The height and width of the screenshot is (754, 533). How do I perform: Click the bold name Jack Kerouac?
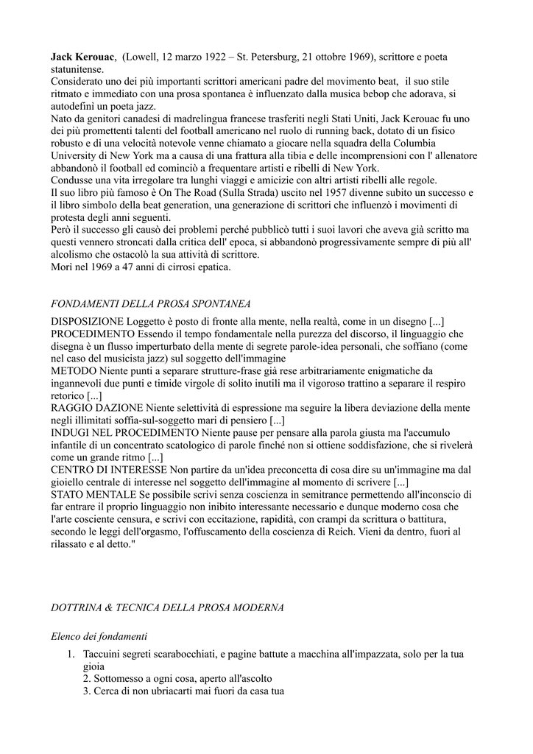click(x=82, y=57)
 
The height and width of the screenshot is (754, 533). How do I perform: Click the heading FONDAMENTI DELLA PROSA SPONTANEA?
click(x=151, y=303)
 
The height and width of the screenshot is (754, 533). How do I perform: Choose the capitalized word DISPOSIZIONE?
click(x=88, y=322)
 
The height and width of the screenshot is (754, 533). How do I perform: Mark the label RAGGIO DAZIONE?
click(x=96, y=408)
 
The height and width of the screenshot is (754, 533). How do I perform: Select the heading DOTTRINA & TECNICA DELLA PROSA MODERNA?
click(x=167, y=607)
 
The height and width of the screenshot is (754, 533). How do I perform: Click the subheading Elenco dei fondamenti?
click(x=99, y=635)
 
